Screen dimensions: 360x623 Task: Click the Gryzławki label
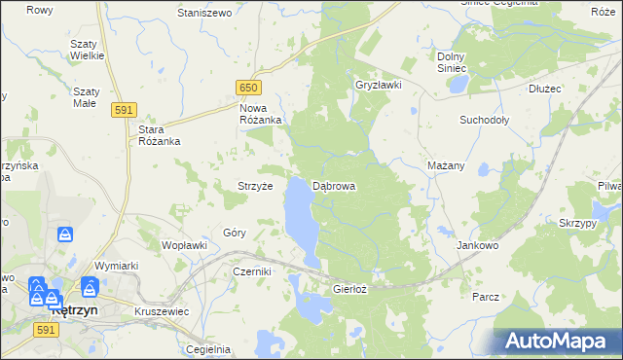380,85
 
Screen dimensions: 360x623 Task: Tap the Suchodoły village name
485,121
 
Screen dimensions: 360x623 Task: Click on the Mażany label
446,165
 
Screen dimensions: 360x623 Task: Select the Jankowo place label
477,246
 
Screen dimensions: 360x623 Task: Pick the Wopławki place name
184,245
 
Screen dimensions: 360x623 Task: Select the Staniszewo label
203,13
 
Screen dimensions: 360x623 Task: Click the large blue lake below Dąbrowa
301,219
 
